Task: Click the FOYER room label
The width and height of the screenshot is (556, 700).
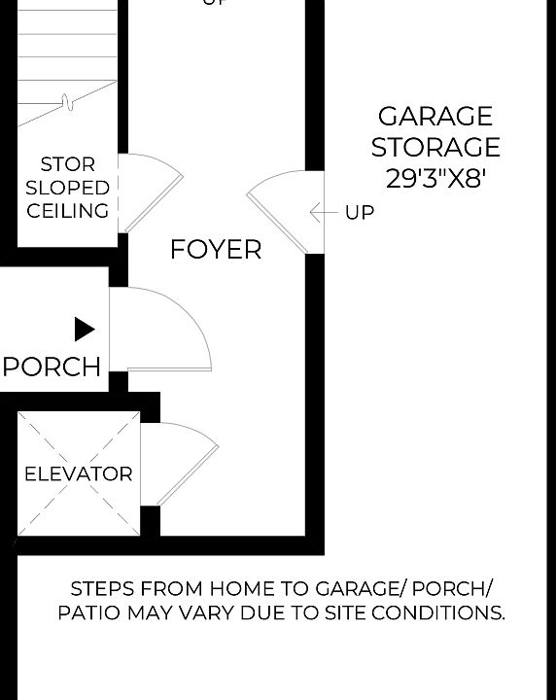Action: coord(216,250)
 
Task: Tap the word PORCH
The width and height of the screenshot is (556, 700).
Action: coord(52,367)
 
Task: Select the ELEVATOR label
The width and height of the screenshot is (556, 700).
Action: coord(78,474)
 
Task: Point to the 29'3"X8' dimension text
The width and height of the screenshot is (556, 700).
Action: coord(434,179)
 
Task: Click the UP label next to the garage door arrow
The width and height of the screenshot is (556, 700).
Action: coord(360,212)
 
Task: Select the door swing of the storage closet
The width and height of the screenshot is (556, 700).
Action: coord(151,190)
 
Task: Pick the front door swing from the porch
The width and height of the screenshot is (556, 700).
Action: coord(165,331)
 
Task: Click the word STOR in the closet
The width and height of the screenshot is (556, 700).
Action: coord(68,164)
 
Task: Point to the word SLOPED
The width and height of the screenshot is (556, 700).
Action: coord(68,188)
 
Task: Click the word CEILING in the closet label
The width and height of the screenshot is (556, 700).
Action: coord(68,211)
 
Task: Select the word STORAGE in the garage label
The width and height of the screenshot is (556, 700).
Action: coord(434,148)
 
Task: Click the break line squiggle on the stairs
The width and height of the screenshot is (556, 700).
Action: coord(66,100)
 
